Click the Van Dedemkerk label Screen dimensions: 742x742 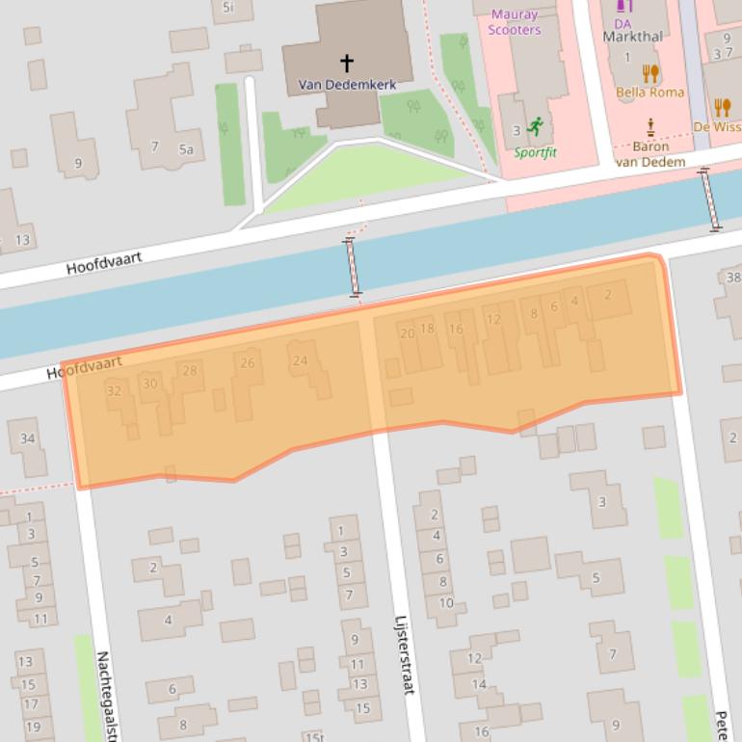[347, 85]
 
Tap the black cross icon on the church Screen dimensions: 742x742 [346, 64]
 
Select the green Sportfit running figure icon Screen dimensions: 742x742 [536, 127]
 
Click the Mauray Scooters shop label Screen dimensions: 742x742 [515, 22]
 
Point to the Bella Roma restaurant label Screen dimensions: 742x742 [650, 93]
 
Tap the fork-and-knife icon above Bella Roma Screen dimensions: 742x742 [650, 73]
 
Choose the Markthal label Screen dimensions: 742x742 [632, 37]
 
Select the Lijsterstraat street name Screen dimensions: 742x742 [404, 655]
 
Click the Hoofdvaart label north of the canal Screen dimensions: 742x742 [104, 260]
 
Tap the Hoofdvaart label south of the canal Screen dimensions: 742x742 [85, 367]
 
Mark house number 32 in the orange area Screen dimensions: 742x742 [115, 390]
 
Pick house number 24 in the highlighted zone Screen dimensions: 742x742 [300, 361]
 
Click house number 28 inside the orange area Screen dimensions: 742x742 [190, 371]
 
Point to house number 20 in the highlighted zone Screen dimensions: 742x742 [407, 333]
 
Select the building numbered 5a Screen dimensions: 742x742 [185, 149]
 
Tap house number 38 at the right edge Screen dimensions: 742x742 [733, 278]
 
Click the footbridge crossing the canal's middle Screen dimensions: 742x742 [353, 268]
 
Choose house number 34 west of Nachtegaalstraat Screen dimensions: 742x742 [27, 439]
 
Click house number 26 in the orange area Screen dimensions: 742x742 [248, 363]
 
